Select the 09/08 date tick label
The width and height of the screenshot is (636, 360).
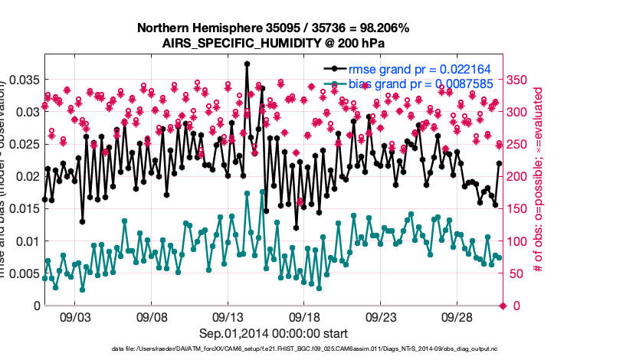[152, 316]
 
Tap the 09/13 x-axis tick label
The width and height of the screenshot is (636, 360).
[228, 316]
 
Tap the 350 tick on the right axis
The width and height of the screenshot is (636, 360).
[519, 80]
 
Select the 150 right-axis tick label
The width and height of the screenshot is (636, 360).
[519, 209]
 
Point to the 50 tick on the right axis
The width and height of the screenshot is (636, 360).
[516, 273]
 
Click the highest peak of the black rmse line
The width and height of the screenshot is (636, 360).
[247, 64]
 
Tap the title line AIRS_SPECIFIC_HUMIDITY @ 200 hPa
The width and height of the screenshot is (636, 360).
[273, 43]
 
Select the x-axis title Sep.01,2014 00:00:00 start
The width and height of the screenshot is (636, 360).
[274, 333]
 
